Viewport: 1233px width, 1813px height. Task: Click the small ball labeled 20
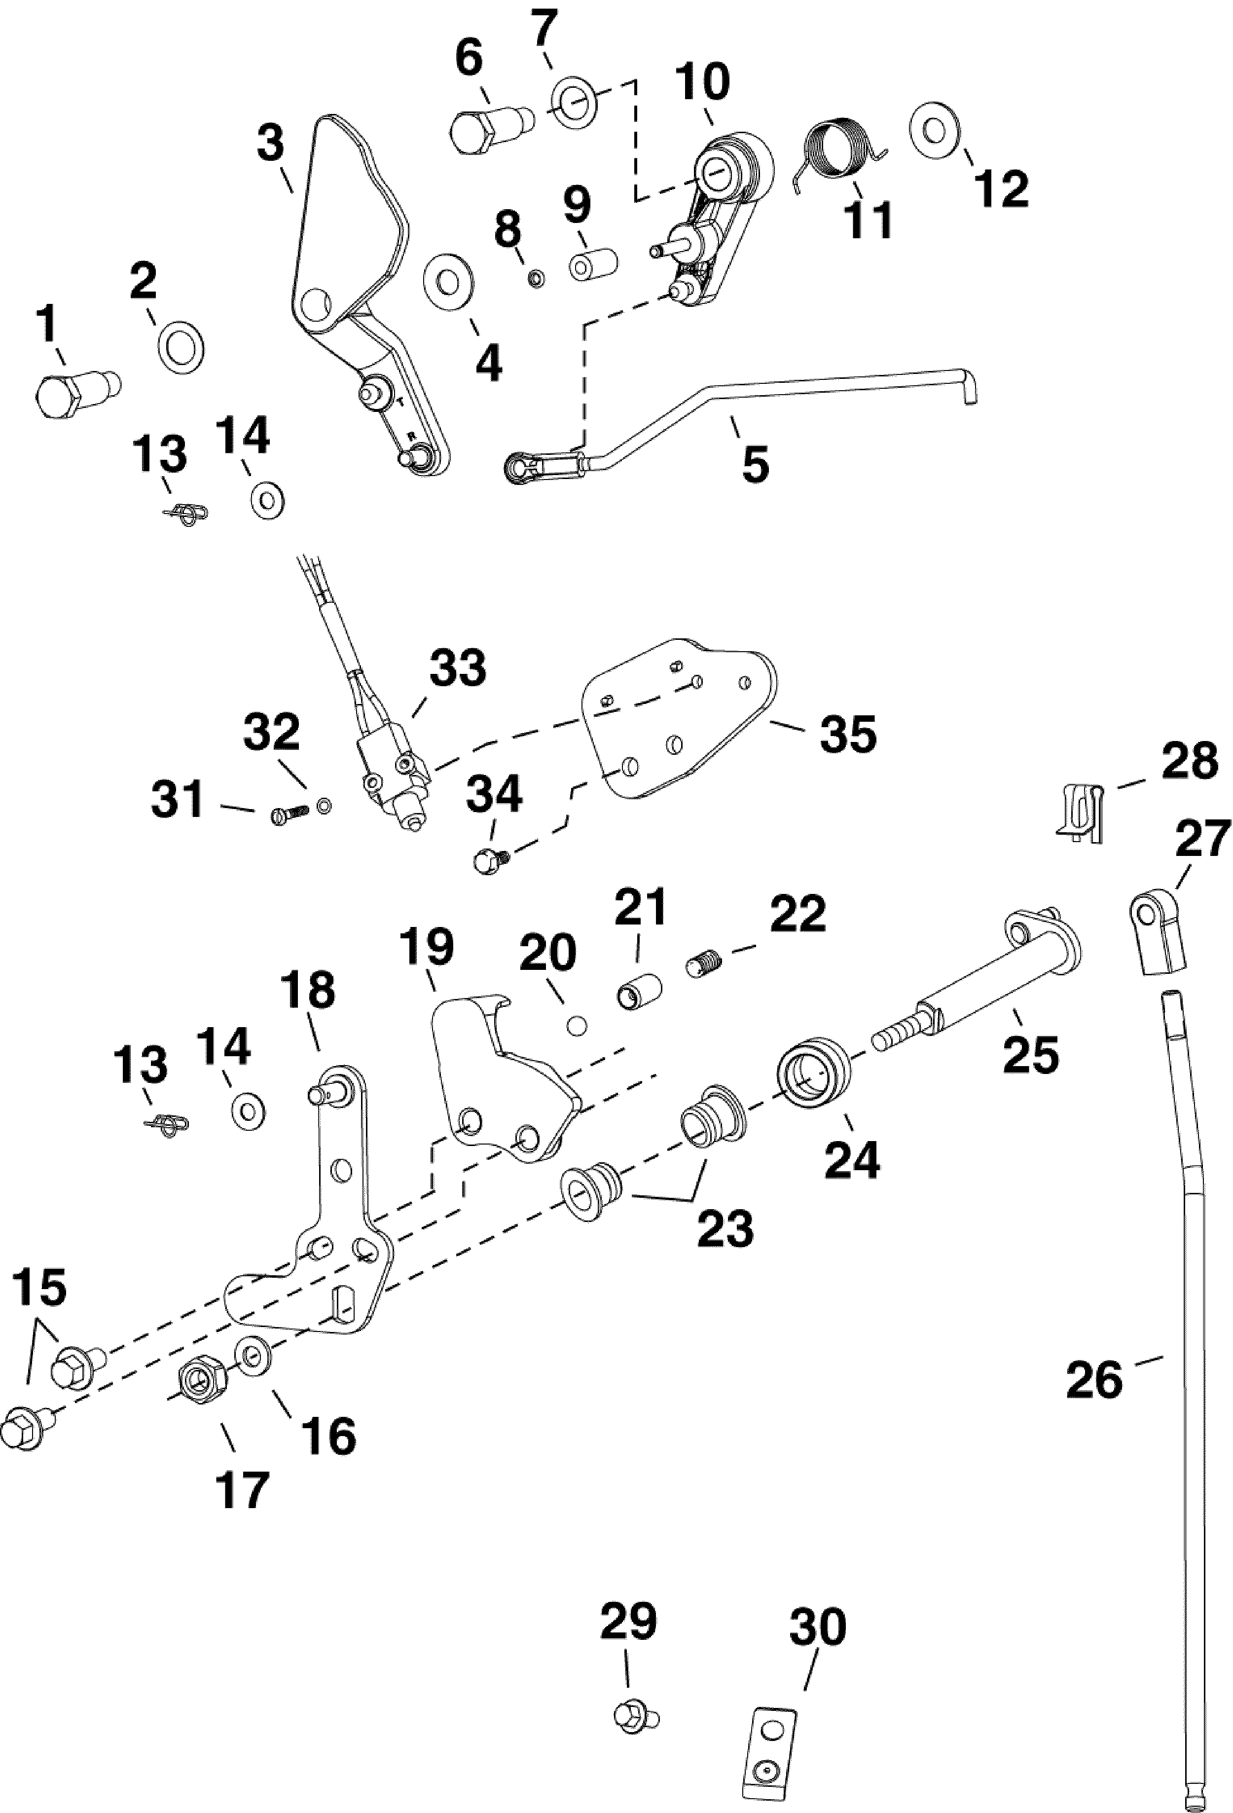coord(578,1026)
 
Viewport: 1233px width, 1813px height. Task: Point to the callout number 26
coord(1095,1379)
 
